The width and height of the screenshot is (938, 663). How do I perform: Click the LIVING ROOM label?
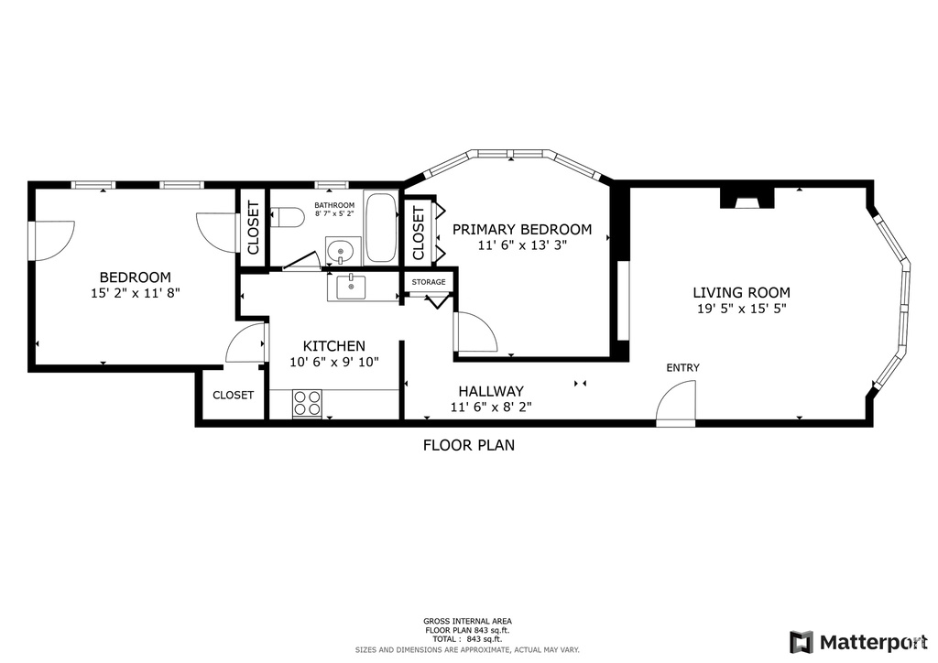coord(741,292)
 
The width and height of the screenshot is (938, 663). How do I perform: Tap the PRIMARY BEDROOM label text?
coord(521,229)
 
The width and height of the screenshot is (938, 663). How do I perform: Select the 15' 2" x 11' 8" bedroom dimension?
coord(135,294)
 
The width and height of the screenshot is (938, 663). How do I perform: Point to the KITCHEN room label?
coord(333,345)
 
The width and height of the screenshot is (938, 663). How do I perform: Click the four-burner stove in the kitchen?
coord(307,403)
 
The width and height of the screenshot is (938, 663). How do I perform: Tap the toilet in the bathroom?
coord(289,218)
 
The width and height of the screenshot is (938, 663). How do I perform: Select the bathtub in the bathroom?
coord(380,228)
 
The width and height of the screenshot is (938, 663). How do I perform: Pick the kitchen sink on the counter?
coord(350,287)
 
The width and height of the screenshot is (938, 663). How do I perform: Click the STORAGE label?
coord(429,282)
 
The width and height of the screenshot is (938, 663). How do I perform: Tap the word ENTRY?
coord(682,367)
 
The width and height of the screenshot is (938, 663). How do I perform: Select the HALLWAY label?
coord(491,390)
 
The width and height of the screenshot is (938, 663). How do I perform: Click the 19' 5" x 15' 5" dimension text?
coord(741,310)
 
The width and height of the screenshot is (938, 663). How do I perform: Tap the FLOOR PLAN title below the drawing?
coord(468,446)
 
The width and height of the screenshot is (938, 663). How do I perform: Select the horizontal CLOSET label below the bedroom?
coord(233,395)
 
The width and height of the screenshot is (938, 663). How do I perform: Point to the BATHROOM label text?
coord(334,205)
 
